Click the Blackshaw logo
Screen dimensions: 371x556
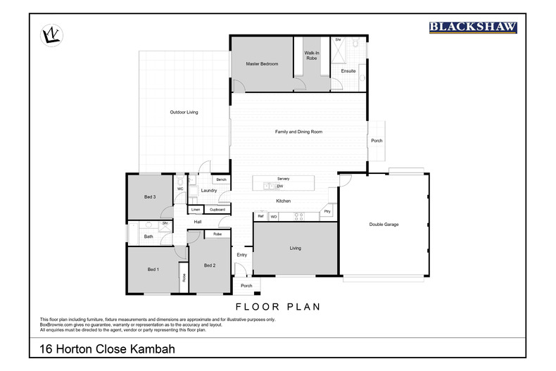(473, 27)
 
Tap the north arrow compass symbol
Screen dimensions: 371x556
(50, 34)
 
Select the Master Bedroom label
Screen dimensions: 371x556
(262, 64)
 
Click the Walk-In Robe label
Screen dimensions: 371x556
(312, 56)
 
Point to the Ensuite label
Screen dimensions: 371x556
(348, 71)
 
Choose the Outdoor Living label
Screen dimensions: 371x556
(184, 113)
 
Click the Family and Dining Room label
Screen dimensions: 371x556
(298, 132)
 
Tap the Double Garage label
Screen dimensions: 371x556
(384, 225)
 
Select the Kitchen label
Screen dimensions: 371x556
(283, 201)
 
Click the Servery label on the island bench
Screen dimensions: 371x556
(283, 179)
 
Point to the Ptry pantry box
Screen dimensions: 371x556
(327, 212)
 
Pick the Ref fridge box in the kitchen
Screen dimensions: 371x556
(260, 216)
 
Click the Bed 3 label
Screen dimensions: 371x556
(149, 196)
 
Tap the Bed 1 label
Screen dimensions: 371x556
(153, 270)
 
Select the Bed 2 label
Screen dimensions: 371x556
(209, 265)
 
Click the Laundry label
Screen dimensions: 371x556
(208, 190)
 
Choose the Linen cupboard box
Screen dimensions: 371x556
(196, 209)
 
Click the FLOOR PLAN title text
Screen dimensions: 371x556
(277, 306)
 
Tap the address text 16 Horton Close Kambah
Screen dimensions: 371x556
(107, 349)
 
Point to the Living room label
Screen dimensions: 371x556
(295, 248)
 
